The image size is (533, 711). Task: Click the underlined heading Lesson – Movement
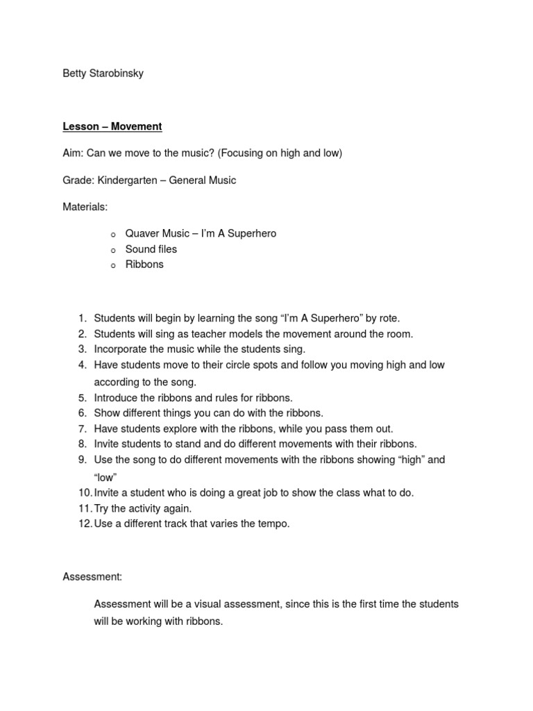pyautogui.click(x=112, y=126)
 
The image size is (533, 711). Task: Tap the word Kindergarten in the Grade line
pyautogui.click(x=127, y=181)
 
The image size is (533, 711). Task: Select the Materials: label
pyautogui.click(x=85, y=207)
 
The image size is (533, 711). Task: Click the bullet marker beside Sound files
pyautogui.click(x=113, y=250)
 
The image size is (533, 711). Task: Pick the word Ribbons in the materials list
pyautogui.click(x=144, y=265)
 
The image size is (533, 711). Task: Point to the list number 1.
pyautogui.click(x=81, y=319)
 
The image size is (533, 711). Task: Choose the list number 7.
pyautogui.click(x=81, y=429)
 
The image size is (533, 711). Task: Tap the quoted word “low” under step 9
pyautogui.click(x=105, y=477)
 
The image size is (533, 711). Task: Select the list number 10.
pyautogui.click(x=84, y=493)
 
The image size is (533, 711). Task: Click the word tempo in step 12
pyautogui.click(x=274, y=524)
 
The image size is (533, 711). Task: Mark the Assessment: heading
pyautogui.click(x=92, y=577)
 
